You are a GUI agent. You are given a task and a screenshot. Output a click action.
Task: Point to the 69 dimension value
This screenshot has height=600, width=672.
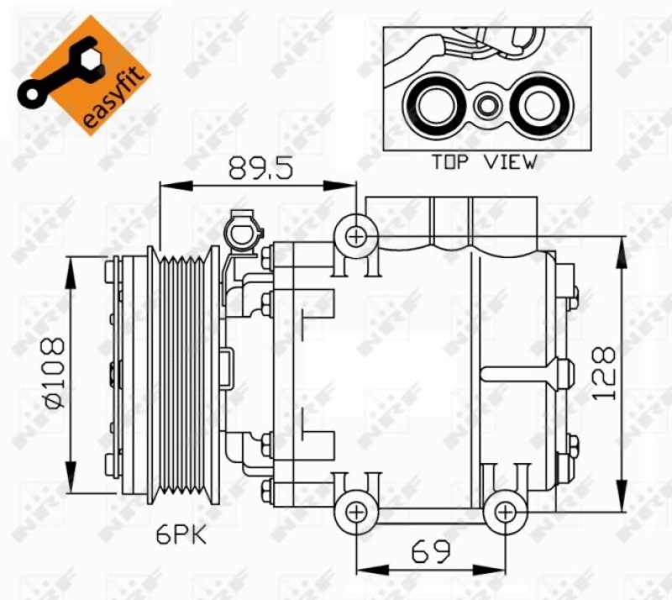430,552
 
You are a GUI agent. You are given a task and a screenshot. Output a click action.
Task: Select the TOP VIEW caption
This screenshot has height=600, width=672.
483,162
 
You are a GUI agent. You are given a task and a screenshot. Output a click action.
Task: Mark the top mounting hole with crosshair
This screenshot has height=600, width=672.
356,236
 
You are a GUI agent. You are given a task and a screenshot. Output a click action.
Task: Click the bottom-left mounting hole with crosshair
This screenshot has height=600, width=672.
356,511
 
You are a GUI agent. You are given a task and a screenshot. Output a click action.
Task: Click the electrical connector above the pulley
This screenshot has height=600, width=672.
243,231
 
